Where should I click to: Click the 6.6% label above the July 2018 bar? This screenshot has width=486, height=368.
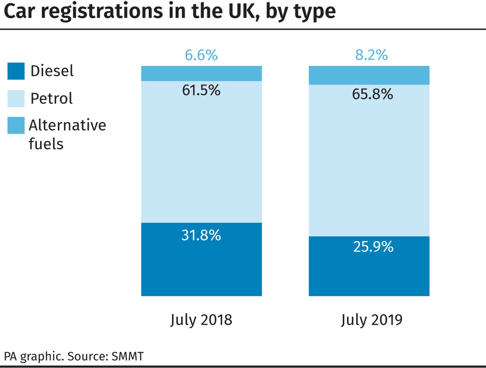tap(201, 55)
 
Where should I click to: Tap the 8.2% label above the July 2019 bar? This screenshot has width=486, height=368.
tap(371, 55)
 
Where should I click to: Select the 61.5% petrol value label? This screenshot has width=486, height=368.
tap(201, 90)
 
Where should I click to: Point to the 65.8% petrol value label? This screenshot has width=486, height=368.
tap(372, 94)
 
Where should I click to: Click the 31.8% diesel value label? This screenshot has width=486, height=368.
tap(201, 235)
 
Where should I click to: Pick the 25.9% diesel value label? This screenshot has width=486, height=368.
tap(373, 247)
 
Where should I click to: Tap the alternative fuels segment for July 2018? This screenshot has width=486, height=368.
tap(201, 73)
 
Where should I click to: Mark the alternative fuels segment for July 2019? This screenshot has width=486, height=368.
tap(369, 75)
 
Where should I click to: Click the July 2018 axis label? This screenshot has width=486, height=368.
tap(201, 320)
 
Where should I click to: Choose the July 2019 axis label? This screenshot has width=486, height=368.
tap(371, 320)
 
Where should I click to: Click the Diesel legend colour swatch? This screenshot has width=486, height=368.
tap(16, 71)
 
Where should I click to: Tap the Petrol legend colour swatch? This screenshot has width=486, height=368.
tap(16, 99)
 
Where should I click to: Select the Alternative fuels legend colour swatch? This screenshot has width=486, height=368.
tap(16, 126)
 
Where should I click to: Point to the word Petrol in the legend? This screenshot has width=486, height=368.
tap(51, 99)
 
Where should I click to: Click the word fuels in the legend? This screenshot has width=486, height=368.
tap(46, 144)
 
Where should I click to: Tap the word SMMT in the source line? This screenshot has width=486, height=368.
tap(128, 357)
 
